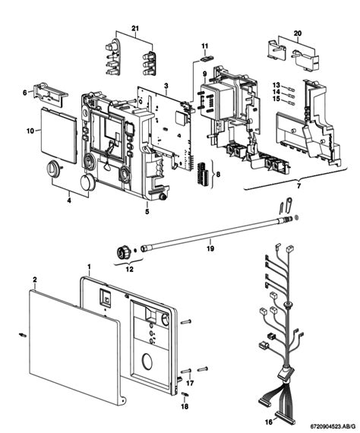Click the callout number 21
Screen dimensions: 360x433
(x=135, y=28)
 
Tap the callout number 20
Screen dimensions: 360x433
(x=298, y=33)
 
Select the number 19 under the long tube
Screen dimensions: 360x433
(x=210, y=248)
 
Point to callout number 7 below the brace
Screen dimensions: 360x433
(x=298, y=186)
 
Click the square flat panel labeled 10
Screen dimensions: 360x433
(x=58, y=135)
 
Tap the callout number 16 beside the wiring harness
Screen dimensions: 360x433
(x=269, y=422)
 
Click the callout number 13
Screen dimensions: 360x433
(x=276, y=85)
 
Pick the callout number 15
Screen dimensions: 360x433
(x=276, y=99)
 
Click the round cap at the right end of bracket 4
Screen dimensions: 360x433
(x=88, y=182)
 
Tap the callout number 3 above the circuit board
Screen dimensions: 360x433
(x=166, y=86)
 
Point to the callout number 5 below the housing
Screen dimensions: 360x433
(x=147, y=211)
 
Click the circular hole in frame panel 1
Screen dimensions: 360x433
(x=148, y=361)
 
